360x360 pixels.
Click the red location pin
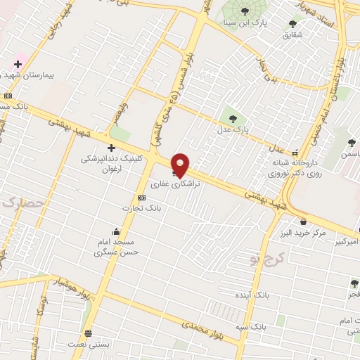pyautogui.click(x=181, y=164)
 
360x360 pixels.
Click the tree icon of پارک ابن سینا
pyautogui.click(x=244, y=11)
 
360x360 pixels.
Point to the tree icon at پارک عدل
pyautogui.click(x=233, y=117)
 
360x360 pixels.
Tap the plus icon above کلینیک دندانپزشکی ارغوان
pyautogui.click(x=111, y=147)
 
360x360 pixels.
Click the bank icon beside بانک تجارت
pyautogui.click(x=141, y=198)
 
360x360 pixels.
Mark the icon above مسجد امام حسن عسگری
pyautogui.click(x=116, y=231)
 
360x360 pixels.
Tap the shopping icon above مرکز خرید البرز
pyautogui.click(x=303, y=221)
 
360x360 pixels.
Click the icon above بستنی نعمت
pyautogui.click(x=88, y=334)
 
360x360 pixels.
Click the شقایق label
pyautogui.click(x=293, y=34)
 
